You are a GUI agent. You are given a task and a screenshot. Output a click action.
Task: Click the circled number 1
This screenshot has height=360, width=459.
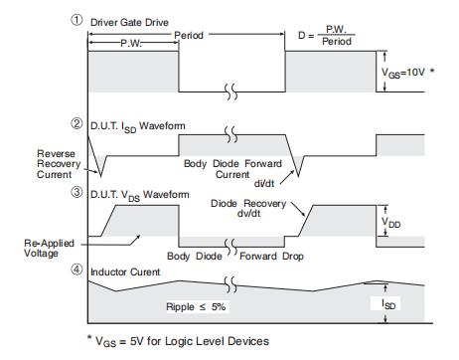[76, 20]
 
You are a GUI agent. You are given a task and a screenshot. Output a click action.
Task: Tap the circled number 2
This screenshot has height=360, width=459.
[76, 123]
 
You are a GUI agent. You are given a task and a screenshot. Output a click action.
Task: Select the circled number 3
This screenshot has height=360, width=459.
[76, 192]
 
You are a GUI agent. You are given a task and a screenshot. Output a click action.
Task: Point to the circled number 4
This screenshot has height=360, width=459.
[76, 270]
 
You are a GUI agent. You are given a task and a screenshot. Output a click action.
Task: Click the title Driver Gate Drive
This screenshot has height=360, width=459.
[129, 23]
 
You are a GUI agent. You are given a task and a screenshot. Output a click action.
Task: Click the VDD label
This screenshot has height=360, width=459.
[391, 222]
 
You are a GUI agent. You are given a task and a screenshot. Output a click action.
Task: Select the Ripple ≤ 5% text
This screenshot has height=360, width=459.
[196, 306]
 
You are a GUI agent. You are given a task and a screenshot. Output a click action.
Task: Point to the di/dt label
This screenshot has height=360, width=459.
[264, 183]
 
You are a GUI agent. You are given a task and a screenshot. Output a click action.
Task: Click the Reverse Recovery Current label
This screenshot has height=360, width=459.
[59, 164]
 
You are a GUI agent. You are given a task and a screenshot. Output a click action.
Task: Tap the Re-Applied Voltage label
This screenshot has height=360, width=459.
[49, 248]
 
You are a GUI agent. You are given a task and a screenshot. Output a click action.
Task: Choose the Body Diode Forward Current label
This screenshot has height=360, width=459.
[232, 169]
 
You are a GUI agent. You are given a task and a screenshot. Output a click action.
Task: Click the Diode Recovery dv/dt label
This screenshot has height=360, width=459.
[248, 208]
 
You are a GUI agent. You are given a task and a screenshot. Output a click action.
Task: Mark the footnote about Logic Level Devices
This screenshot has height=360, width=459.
[178, 341]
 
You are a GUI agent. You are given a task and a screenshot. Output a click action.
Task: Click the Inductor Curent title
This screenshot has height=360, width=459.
[125, 272]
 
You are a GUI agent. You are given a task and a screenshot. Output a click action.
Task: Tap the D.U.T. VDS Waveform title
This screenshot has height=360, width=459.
[140, 195]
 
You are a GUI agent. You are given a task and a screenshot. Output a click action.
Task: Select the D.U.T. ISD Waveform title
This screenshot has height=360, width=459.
[138, 127]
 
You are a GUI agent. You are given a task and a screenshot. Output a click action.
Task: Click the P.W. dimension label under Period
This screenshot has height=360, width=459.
[131, 43]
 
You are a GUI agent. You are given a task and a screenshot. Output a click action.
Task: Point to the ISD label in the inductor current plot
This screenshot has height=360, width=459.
[388, 304]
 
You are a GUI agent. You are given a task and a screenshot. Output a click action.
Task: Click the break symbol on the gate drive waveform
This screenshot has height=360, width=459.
[231, 91]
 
